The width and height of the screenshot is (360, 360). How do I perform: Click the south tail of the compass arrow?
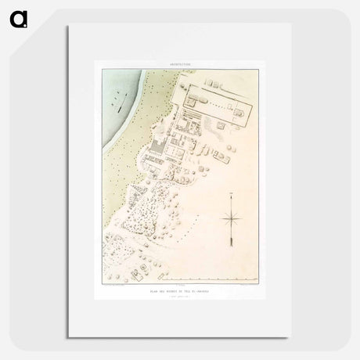coord(232,249)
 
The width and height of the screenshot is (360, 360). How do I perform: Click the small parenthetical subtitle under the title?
coord(179,296)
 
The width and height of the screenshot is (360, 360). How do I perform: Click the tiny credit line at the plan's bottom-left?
coord(117,286)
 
